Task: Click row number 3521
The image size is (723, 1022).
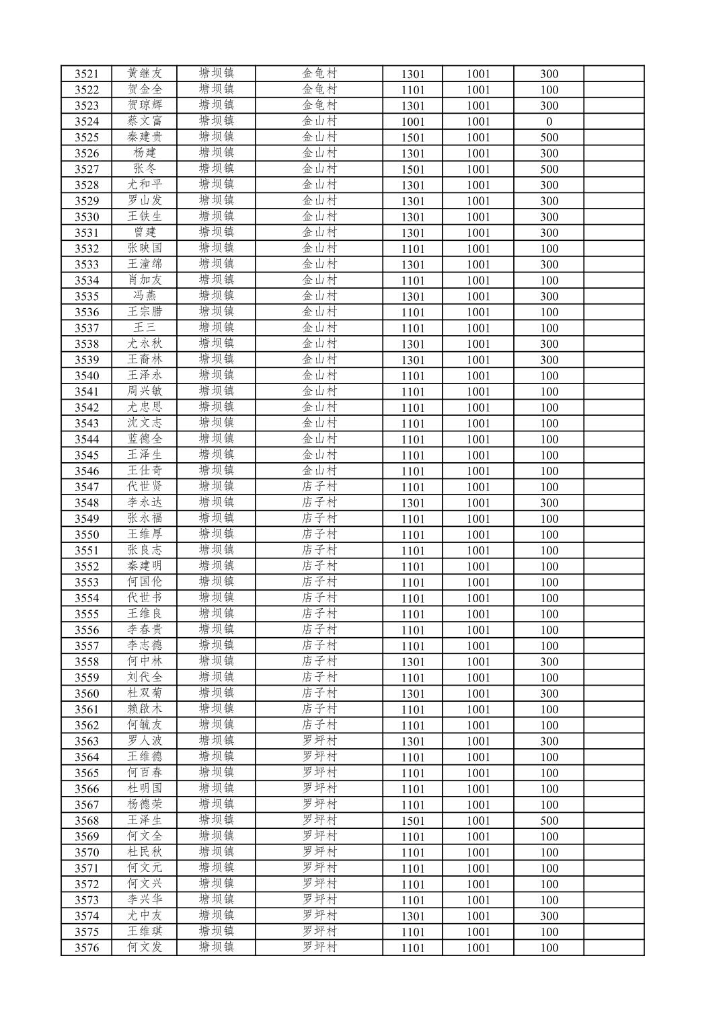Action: [87, 74]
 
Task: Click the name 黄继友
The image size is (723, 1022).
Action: [145, 73]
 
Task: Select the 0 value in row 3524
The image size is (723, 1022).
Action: [549, 122]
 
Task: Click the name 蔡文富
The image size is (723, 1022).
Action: [145, 121]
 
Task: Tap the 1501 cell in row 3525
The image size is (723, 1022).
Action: [412, 137]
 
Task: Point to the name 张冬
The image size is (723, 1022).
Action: [145, 169]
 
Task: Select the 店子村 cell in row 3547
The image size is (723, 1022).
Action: [319, 486]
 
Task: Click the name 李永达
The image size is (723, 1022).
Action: [145, 503]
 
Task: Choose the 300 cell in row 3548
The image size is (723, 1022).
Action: [549, 503]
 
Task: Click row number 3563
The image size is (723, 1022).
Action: [87, 741]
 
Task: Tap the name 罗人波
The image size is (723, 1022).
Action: [145, 741]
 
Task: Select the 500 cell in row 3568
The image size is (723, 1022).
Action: [549, 821]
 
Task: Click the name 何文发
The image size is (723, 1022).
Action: [145, 947]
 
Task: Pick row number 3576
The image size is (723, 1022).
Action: [87, 948]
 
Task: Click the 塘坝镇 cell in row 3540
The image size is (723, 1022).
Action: [216, 375]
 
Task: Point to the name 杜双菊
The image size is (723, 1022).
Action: [145, 693]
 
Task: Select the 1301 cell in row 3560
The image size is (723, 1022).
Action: [412, 694]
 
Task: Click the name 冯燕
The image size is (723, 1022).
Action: [145, 296]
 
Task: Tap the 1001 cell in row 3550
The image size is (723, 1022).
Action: [478, 535]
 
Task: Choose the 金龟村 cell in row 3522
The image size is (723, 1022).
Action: [319, 89]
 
